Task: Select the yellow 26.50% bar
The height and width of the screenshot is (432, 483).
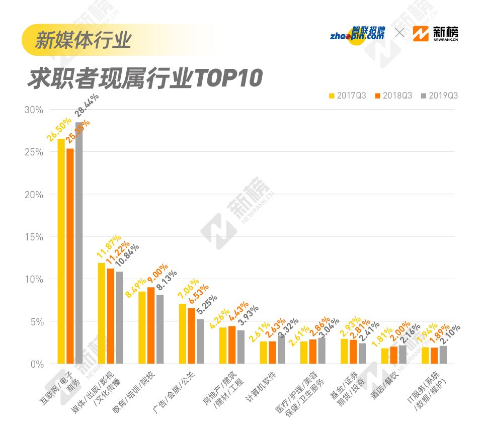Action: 61,251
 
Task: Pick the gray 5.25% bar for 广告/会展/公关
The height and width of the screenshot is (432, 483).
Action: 200,341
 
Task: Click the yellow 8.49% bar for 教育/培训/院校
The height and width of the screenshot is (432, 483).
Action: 142,327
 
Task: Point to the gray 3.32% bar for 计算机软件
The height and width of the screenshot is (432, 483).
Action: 281,349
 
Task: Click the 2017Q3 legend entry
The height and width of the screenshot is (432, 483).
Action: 347,96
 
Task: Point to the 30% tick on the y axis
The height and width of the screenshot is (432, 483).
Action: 34,110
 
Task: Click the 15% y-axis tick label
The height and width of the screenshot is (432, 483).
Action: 34,237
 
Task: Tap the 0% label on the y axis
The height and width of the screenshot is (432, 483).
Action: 36,364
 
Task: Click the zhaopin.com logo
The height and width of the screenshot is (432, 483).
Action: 358,34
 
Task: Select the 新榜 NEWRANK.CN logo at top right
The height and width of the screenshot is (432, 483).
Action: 435,34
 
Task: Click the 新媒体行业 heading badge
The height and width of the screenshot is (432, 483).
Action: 83,39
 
